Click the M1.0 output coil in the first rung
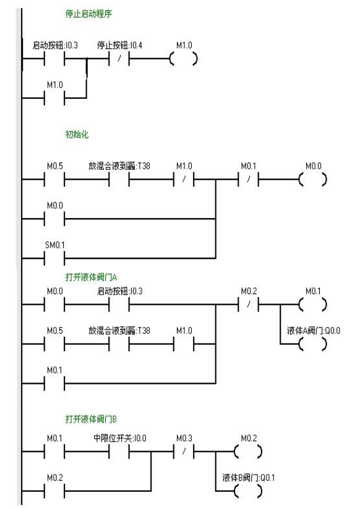[185, 59]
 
